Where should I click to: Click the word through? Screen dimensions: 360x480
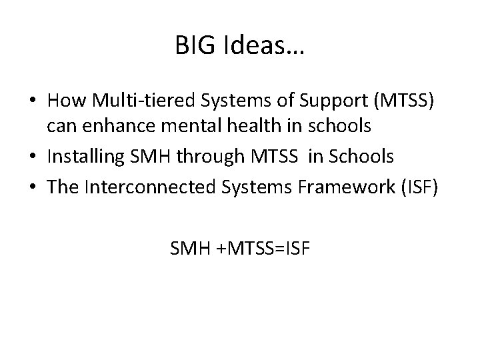point(211,157)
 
